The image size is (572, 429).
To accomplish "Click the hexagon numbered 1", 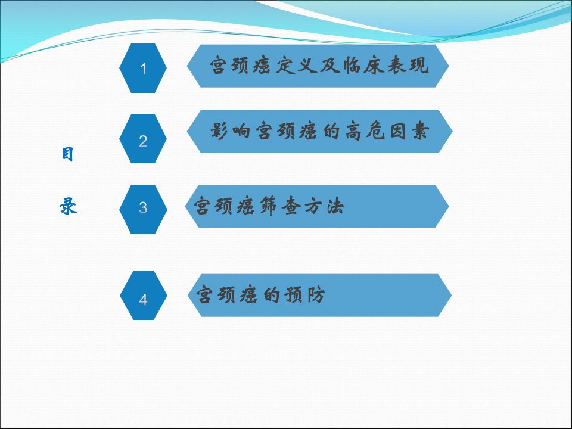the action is pyautogui.click(x=143, y=68).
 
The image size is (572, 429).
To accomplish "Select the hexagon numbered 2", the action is pyautogui.click(x=143, y=139).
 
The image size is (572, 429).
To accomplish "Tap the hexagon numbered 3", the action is pyautogui.click(x=143, y=209).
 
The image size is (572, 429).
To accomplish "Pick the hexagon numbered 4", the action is pyautogui.click(x=144, y=295).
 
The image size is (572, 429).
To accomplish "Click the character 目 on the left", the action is pyautogui.click(x=67, y=154).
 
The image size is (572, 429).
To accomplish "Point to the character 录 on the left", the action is pyautogui.click(x=68, y=206).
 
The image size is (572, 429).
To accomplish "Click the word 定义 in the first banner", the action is pyautogui.click(x=297, y=66).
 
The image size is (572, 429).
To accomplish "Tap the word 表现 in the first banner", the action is pyautogui.click(x=408, y=66).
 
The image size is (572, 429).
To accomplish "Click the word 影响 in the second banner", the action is pyautogui.click(x=231, y=131).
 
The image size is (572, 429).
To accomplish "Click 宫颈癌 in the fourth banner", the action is pyautogui.click(x=227, y=295).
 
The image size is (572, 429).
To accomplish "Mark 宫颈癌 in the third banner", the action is pyautogui.click(x=224, y=206).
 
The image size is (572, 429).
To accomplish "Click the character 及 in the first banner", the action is pyautogui.click(x=330, y=66).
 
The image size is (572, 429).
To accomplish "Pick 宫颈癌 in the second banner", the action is pyautogui.click(x=287, y=131).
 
